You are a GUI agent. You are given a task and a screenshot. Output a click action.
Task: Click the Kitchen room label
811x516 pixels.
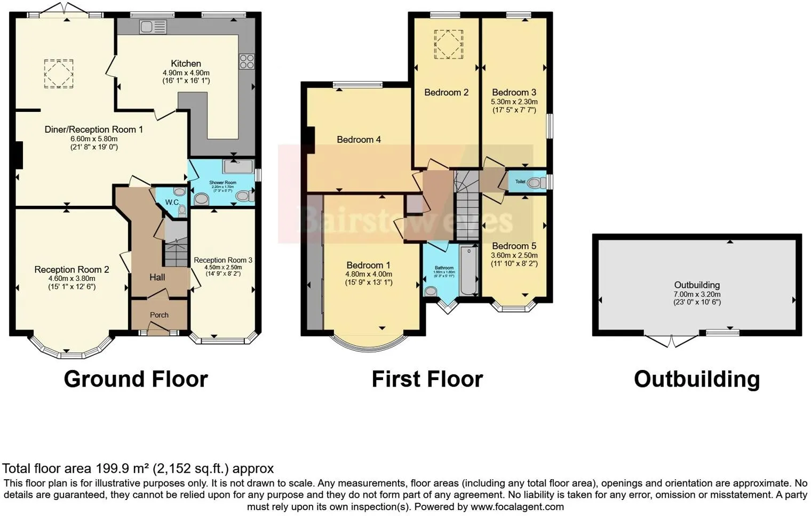click(186, 63)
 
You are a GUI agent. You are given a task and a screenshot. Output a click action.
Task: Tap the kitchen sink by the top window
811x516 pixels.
click(153, 26)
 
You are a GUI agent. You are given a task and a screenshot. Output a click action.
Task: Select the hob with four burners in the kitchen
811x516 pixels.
click(247, 61)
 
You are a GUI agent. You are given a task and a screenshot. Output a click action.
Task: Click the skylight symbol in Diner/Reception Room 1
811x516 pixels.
click(58, 74)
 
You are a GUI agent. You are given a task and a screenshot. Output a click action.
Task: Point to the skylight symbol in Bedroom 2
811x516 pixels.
click(448, 44)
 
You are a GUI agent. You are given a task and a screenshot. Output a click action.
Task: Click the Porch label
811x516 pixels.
click(159, 315)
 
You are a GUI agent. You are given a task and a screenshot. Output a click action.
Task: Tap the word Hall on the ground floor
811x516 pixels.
click(157, 277)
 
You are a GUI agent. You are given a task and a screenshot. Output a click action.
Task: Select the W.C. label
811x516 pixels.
click(172, 203)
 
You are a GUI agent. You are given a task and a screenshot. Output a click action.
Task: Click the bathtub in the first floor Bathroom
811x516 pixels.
click(469, 271)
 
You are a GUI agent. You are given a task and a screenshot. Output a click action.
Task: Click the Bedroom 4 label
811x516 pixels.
click(359, 140)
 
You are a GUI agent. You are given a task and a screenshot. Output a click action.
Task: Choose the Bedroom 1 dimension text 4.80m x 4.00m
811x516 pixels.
click(369, 275)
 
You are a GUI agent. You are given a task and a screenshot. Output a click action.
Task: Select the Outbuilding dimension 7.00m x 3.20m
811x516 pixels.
click(697, 294)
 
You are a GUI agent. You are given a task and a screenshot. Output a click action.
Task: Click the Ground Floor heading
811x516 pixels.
click(136, 380)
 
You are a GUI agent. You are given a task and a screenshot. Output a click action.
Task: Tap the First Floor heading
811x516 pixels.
click(427, 380)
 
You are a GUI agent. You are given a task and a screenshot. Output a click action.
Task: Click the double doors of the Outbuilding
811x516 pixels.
click(671, 341)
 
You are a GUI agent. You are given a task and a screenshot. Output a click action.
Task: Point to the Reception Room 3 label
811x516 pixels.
click(222, 260)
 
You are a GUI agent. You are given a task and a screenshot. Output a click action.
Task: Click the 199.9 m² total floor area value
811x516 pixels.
click(122, 469)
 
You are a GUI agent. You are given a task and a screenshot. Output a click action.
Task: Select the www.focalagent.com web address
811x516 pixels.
click(517, 506)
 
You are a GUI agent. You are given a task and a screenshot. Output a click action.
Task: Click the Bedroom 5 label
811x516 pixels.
click(514, 246)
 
